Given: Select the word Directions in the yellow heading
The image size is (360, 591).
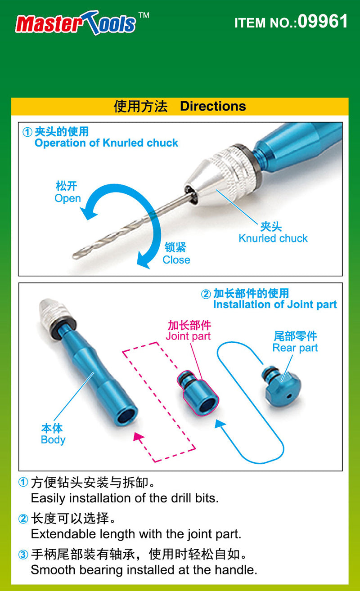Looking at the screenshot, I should click(213, 107).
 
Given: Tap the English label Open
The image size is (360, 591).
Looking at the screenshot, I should click(67, 198).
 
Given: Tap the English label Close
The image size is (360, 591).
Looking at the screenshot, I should click(176, 260).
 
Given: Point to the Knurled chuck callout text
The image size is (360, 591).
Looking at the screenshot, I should click(273, 238).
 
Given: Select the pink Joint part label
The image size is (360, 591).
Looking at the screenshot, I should click(188, 336).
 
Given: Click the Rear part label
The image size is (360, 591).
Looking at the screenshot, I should click(295, 348).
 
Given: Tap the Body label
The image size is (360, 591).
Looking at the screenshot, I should click(53, 439).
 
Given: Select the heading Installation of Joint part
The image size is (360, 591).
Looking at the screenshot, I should click(274, 304).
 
